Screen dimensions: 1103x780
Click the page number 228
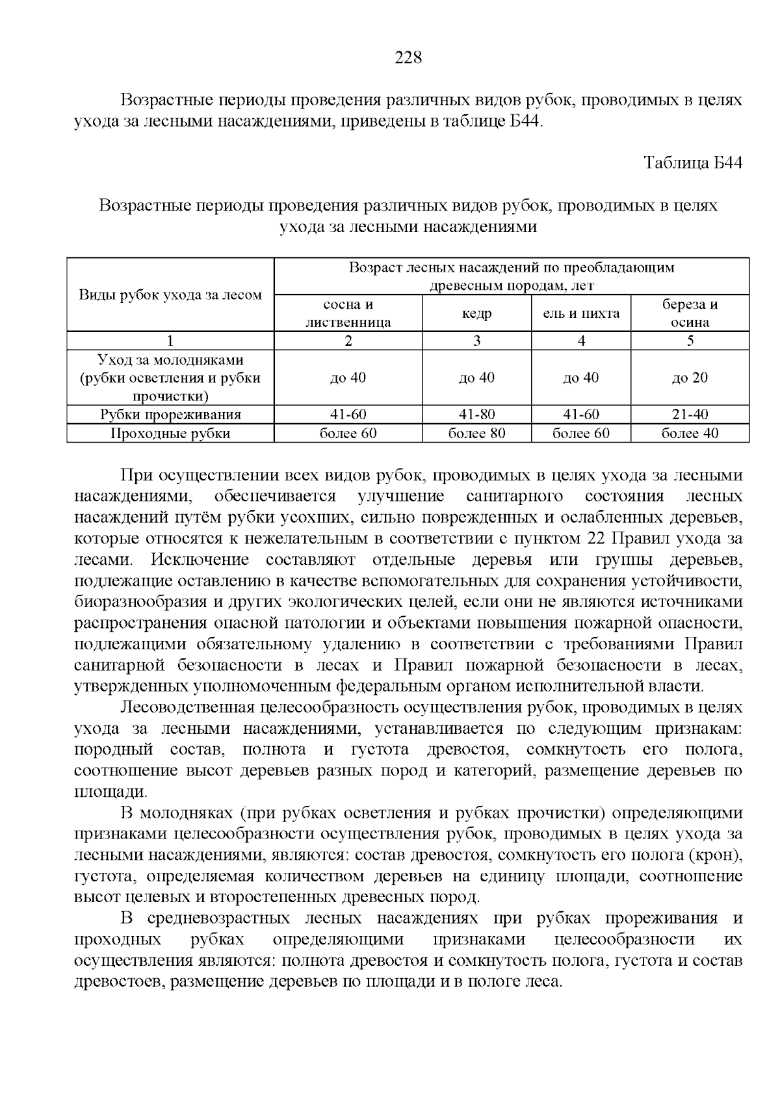(409, 58)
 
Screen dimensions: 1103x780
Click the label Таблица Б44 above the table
(693, 162)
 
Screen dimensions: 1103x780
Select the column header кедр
(477, 314)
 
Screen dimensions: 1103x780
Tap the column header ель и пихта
(581, 314)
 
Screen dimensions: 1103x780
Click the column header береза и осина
(690, 313)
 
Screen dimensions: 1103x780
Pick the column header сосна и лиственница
(348, 313)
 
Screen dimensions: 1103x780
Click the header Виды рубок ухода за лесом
(170, 295)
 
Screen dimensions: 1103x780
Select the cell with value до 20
(690, 378)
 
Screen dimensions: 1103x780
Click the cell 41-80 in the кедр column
(477, 415)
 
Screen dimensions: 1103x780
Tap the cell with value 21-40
(690, 415)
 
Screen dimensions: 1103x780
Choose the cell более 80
(477, 434)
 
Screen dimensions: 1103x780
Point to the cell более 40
(690, 434)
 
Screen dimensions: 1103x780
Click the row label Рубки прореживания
(170, 415)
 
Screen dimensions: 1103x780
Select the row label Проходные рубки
(170, 434)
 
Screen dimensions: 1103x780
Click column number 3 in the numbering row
(477, 341)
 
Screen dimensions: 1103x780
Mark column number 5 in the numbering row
(690, 341)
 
